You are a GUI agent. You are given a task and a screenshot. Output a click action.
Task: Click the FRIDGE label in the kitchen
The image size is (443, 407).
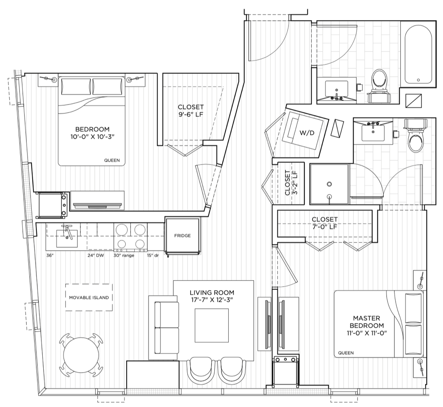pos(182,236)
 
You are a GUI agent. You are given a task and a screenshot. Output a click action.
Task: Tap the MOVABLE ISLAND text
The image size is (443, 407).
pos(89,298)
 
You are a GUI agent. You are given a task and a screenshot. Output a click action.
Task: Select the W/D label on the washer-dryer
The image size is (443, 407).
pos(307,133)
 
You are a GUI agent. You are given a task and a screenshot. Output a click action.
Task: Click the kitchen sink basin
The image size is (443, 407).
pos(66,238)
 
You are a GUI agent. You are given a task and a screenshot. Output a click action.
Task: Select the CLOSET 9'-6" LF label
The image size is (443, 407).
pos(191,111)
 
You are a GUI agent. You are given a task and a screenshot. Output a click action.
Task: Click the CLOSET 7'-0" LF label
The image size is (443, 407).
pos(324,223)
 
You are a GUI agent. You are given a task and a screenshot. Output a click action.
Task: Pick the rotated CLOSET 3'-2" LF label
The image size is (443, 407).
pos(291,182)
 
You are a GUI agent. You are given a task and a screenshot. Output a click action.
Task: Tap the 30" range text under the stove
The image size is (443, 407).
pos(124,256)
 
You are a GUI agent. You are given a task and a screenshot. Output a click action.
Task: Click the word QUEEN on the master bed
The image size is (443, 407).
pos(346,353)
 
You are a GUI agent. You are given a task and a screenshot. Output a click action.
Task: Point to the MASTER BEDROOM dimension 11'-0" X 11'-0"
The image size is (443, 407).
pos(367,333)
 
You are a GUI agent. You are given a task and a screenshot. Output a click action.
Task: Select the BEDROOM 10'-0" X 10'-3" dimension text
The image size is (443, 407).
pos(93,137)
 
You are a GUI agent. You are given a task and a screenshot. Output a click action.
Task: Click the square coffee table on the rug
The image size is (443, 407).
pos(212,325)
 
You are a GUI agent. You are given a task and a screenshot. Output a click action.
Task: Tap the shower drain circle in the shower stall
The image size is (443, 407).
pos(329,184)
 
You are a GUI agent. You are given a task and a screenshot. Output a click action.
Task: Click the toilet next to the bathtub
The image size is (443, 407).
pos(379,85)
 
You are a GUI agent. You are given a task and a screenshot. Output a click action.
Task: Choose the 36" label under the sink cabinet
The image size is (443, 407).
pos(50,256)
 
